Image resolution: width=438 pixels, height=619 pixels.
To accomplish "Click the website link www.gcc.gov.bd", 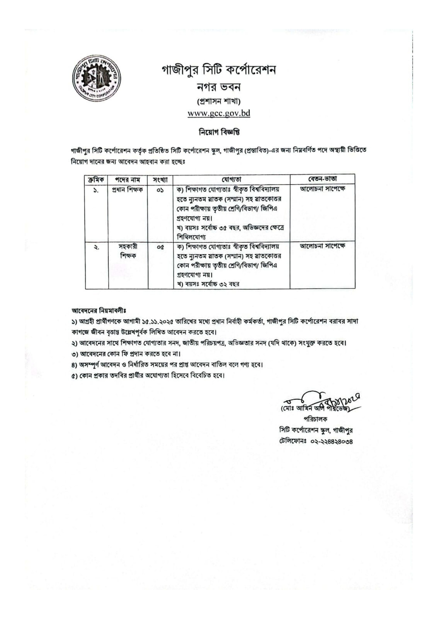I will (x=219, y=113).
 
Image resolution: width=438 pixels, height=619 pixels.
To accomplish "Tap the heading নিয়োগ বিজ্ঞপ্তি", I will (x=219, y=132).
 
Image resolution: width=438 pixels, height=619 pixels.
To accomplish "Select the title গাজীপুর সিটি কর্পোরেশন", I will (x=219, y=71).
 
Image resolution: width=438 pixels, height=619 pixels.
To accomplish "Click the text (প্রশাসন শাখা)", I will (x=219, y=101).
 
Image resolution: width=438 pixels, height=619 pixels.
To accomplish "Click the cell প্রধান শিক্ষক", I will (x=128, y=190).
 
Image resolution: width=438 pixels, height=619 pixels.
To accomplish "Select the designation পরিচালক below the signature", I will (x=315, y=419).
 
